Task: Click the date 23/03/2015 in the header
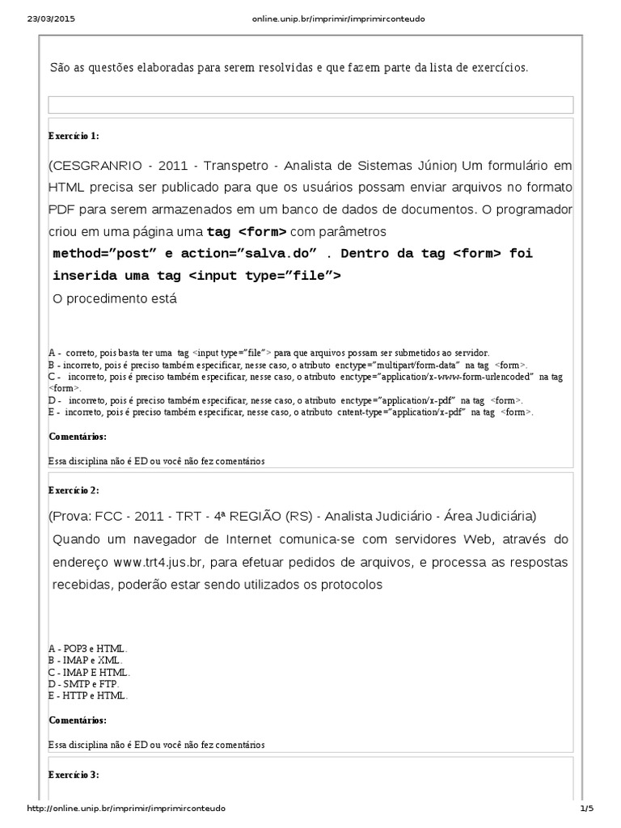coord(45,18)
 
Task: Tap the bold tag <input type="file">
coord(264,276)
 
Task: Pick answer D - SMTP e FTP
coord(84,683)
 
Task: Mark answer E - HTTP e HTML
coord(87,695)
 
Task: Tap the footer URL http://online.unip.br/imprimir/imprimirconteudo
coord(126,809)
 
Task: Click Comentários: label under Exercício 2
coord(77,720)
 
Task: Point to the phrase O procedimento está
coord(114,298)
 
